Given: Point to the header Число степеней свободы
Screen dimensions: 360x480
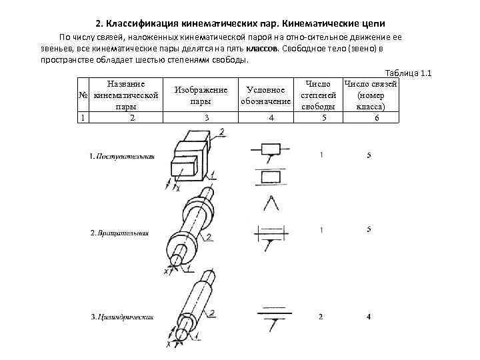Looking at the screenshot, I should pos(322,95).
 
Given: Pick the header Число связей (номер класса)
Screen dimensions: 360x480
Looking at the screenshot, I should pos(371,95).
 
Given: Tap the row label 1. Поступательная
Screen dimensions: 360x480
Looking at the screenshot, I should pos(121,156).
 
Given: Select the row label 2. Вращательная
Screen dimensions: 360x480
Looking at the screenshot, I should pos(120,233).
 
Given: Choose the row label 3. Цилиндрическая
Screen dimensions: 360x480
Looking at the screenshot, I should pos(122,316).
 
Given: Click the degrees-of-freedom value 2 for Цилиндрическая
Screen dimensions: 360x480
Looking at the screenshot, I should pos(321,316).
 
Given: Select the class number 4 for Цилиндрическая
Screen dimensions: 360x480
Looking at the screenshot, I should pos(369,316).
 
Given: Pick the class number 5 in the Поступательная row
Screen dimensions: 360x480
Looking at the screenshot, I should pos(369,155).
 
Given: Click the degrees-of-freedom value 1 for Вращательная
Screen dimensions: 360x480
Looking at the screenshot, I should pos(321,230).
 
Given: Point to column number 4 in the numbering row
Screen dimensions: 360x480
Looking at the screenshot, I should pos(271,117).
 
